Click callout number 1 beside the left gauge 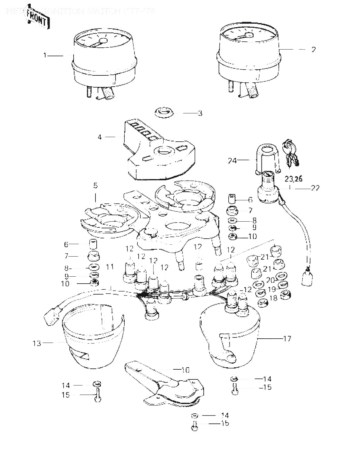pyautogui.click(x=45, y=55)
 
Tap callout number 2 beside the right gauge pyautogui.click(x=313, y=49)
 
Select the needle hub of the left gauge pyautogui.click(x=104, y=41)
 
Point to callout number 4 pyautogui.click(x=100, y=137)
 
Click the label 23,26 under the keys pyautogui.click(x=294, y=179)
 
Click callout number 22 pyautogui.click(x=315, y=188)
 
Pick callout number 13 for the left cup pyautogui.click(x=37, y=343)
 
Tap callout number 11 pyautogui.click(x=110, y=267)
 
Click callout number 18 pyautogui.click(x=274, y=298)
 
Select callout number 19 pyautogui.click(x=271, y=289)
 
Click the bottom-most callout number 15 pyautogui.click(x=225, y=423)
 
